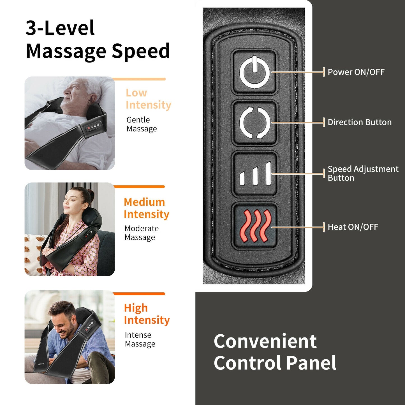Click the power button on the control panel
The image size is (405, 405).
254,72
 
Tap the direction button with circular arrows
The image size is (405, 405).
254,122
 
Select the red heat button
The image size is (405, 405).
254,226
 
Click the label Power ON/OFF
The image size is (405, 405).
356,72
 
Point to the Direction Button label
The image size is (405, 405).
360,122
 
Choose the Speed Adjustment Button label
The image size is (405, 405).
363,173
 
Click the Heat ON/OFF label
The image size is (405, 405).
353,227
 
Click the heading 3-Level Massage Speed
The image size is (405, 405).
98,40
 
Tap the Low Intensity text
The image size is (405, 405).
148,99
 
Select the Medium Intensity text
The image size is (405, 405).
146,208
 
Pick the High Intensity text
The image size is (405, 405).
147,314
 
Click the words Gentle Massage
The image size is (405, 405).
142,124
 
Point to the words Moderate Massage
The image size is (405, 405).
142,233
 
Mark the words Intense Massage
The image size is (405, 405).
140,339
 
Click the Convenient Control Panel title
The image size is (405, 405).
275,352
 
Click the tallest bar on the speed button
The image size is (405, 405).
269,173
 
